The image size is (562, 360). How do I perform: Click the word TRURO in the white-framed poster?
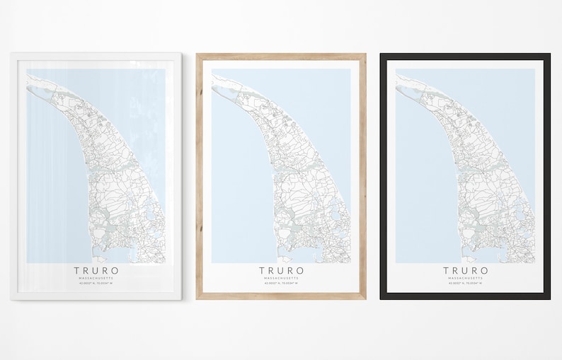(x=96, y=270)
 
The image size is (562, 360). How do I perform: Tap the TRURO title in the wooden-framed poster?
(x=281, y=270)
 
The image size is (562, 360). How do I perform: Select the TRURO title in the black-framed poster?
(x=466, y=270)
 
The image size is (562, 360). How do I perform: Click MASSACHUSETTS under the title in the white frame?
(x=96, y=278)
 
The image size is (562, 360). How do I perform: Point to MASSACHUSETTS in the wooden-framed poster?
(x=281, y=278)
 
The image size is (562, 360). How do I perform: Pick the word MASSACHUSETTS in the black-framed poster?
(x=466, y=278)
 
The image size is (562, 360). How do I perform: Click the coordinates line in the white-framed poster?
(x=96, y=284)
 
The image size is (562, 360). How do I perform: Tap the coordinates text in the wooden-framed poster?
(x=281, y=284)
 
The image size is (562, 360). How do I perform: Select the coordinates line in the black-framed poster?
(x=466, y=284)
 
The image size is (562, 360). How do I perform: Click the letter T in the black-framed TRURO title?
(x=447, y=270)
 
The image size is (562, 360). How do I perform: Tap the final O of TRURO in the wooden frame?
(x=301, y=270)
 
